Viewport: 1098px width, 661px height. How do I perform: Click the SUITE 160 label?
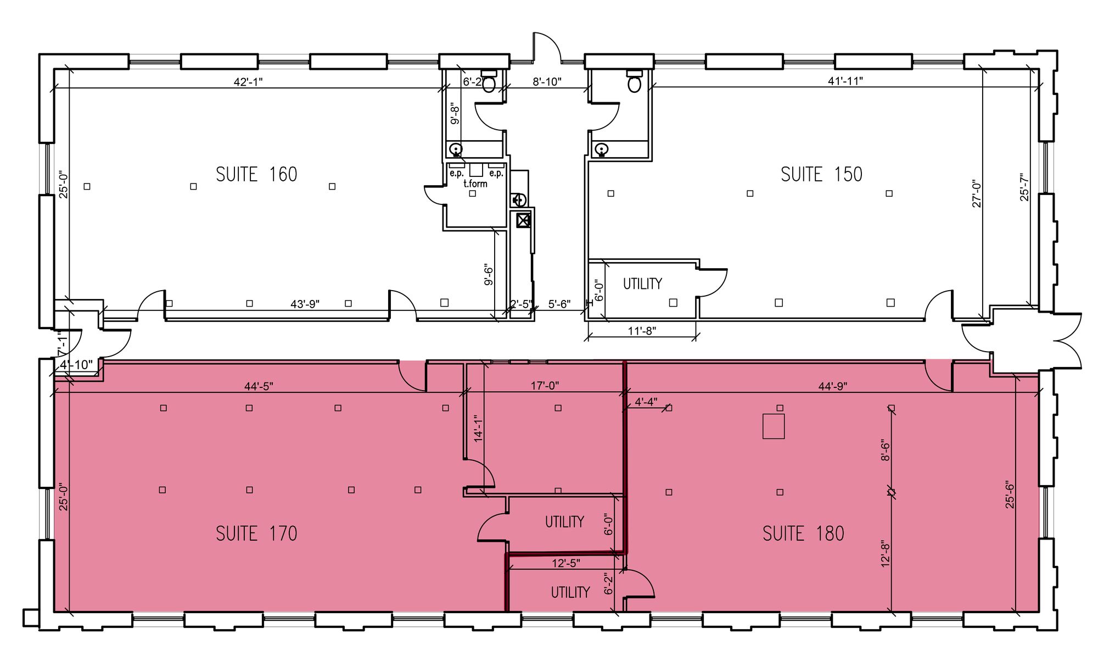[x=256, y=175]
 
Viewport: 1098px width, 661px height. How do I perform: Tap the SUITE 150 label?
[x=821, y=175]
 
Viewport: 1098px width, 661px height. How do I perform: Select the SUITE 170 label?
[x=256, y=534]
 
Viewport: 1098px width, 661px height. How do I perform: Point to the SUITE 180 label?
[x=803, y=534]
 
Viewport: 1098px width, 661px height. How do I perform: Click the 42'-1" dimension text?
[x=248, y=82]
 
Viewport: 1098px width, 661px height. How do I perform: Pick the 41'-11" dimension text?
[x=845, y=81]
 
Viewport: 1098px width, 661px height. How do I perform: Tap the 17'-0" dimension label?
[x=545, y=386]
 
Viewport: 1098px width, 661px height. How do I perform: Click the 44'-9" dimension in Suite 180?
[x=833, y=386]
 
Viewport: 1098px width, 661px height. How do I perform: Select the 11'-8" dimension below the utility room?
[x=642, y=331]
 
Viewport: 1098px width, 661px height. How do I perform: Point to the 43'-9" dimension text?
[x=305, y=304]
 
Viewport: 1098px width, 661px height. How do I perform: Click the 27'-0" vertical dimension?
[x=977, y=193]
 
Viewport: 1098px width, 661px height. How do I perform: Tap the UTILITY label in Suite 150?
[x=642, y=284]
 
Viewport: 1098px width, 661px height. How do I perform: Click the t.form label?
[x=475, y=184]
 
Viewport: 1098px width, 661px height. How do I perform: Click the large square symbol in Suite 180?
[x=774, y=426]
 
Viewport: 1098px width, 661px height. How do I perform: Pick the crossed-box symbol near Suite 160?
[x=523, y=221]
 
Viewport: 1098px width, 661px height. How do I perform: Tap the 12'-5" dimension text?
[x=565, y=563]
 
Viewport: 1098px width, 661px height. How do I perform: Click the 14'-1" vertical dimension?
[x=479, y=429]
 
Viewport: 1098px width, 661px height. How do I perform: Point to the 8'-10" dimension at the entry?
[x=547, y=82]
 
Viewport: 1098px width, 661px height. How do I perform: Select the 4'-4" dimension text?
[x=646, y=402]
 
